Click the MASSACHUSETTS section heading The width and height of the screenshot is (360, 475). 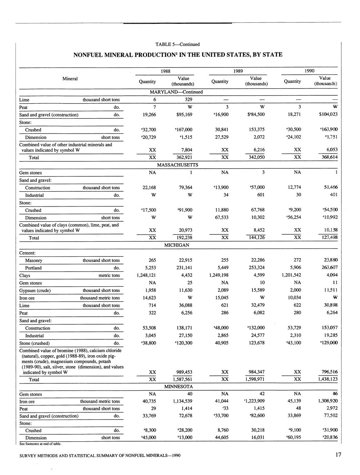[x=177, y=165]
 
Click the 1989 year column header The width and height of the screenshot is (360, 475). [x=238, y=71]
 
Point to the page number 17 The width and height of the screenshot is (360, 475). [x=338, y=455]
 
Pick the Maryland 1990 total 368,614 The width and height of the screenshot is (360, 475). [x=327, y=157]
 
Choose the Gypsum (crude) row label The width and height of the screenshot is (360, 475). [x=35, y=291]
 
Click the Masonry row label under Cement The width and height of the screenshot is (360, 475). [x=34, y=261]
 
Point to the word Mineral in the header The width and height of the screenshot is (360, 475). [x=70, y=78]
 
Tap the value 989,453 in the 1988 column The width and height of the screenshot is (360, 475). [x=184, y=372]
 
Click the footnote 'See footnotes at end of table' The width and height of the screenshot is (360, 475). [x=40, y=444]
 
